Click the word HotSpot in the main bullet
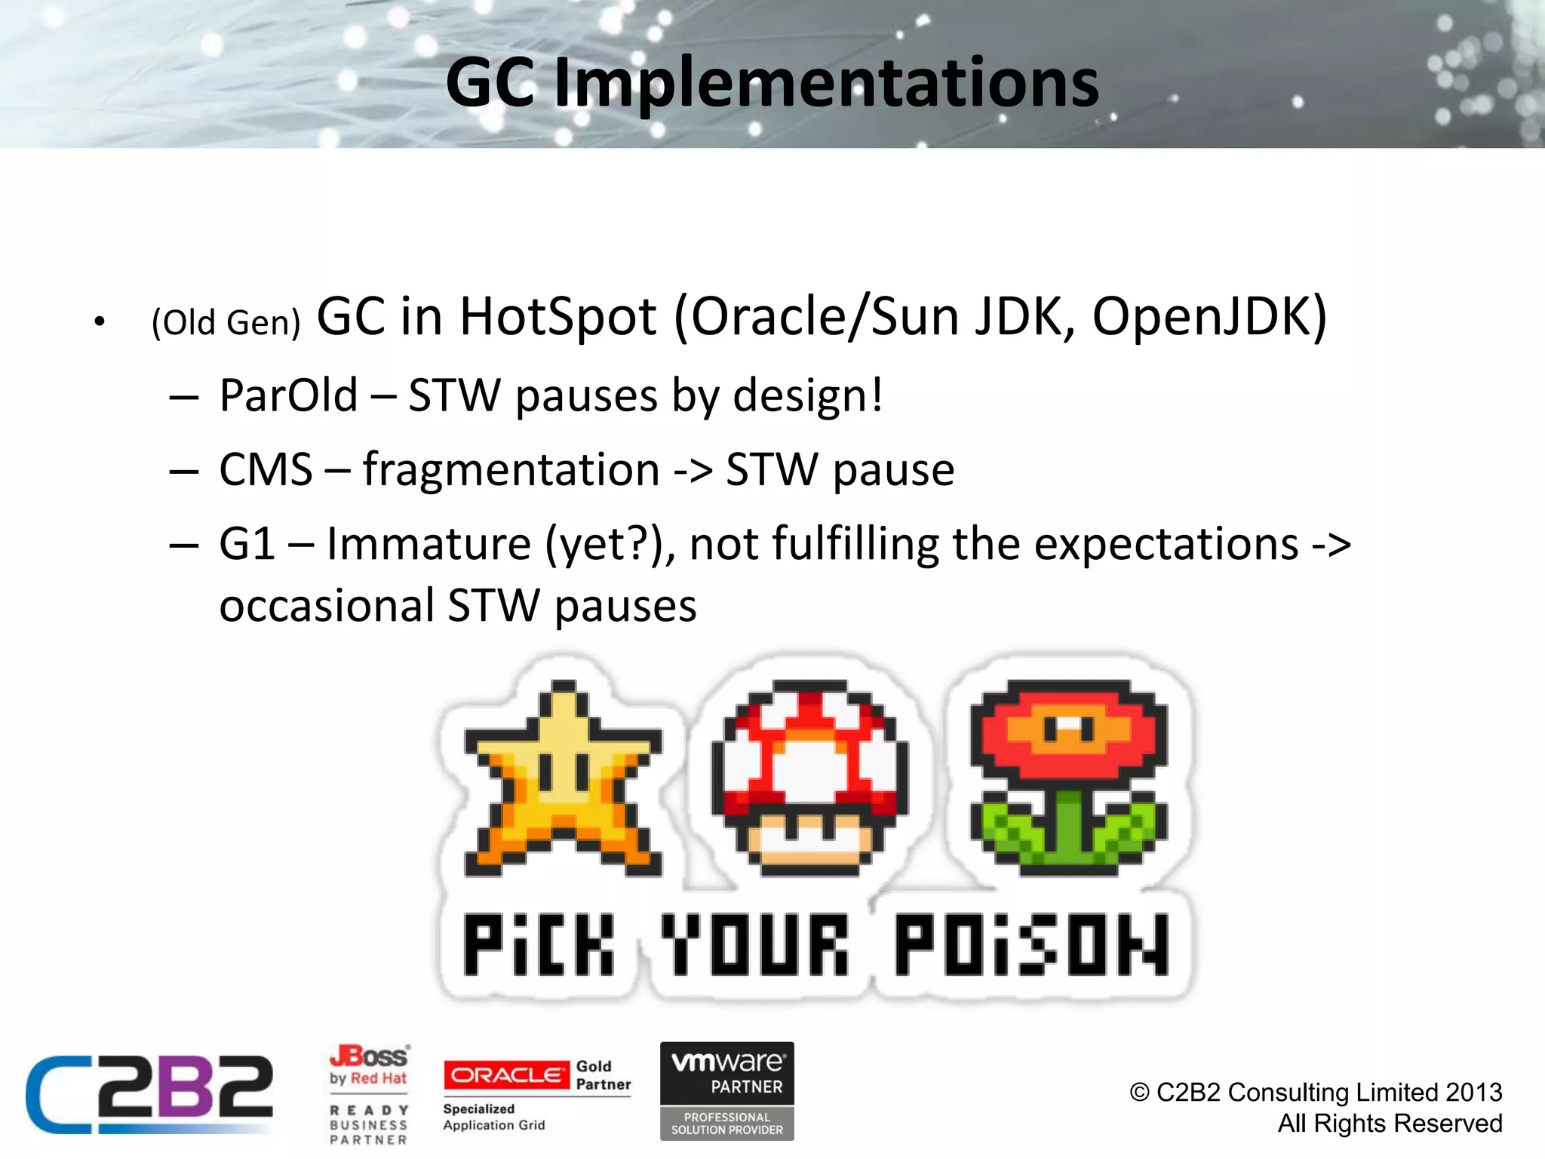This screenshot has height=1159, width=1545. click(x=557, y=317)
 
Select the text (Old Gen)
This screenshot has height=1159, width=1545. click(x=226, y=323)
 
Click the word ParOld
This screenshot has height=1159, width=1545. click(x=288, y=395)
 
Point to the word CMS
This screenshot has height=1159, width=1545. click(x=266, y=469)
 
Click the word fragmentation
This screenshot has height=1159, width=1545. click(x=511, y=469)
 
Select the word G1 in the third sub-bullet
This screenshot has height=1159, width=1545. click(x=246, y=543)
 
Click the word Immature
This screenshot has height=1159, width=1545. click(x=428, y=543)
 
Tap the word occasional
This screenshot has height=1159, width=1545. click(x=327, y=606)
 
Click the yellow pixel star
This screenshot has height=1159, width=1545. click(x=562, y=781)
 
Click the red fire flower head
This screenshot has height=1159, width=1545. click(x=1068, y=728)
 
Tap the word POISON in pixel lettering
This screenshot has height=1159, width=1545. click(x=1031, y=945)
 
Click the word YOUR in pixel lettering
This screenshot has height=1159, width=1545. click(x=754, y=945)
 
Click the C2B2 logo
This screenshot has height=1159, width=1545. click(x=149, y=1094)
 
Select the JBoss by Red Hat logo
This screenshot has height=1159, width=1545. click(x=369, y=1065)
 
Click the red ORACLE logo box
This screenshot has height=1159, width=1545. click(x=506, y=1074)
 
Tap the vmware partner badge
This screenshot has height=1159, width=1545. click(x=726, y=1091)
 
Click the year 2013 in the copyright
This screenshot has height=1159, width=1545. click(x=1473, y=1092)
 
